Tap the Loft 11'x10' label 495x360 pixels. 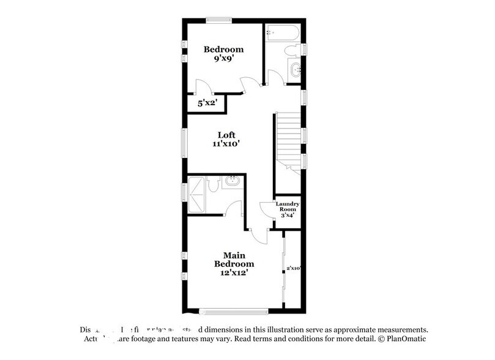227,140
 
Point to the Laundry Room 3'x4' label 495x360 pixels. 287,209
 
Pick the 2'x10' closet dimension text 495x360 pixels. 294,268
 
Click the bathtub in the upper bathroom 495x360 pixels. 282,32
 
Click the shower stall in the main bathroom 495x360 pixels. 197,193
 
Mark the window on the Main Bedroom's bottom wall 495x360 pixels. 234,310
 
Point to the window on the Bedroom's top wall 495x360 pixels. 217,20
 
